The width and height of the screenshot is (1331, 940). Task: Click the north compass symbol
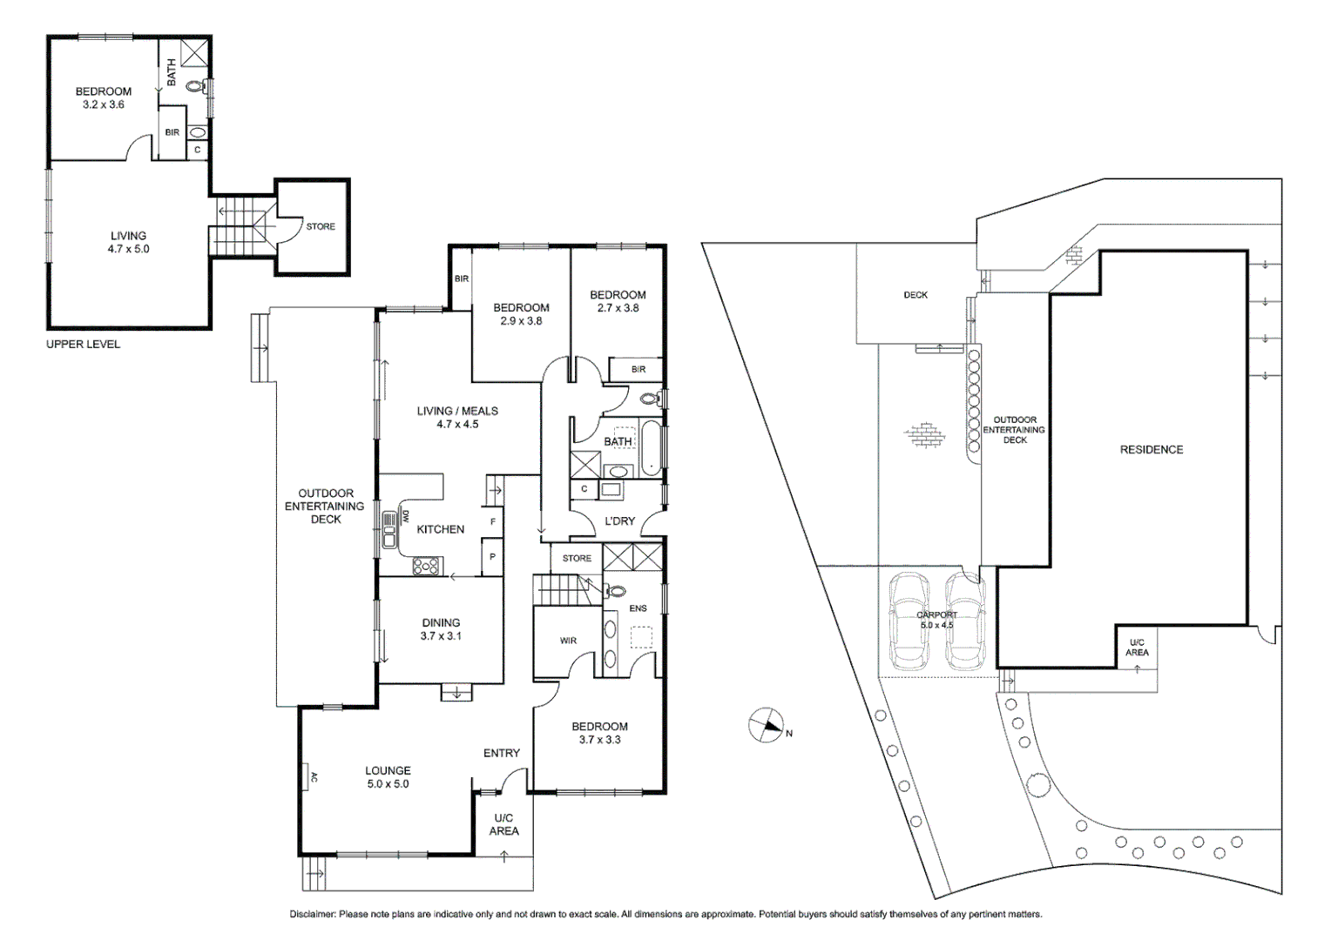(767, 726)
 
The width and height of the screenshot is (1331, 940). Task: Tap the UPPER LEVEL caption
(83, 345)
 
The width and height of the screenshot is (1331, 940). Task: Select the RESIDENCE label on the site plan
(1151, 450)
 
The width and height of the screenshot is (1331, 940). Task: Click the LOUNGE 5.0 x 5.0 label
(388, 777)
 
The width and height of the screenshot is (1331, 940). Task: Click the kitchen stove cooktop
(426, 566)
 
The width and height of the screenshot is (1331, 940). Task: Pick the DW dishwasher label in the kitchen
(405, 516)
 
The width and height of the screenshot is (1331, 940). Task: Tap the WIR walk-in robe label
(568, 641)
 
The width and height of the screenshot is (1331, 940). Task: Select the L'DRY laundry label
(619, 521)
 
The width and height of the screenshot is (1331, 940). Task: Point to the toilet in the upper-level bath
(206, 86)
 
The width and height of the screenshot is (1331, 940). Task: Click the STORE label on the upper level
(321, 227)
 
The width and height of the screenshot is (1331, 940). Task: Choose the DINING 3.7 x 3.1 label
(441, 629)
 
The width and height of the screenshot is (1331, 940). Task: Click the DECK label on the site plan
(915, 295)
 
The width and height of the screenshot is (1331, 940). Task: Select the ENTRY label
(502, 753)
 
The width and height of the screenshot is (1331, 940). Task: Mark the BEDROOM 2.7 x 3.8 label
(618, 301)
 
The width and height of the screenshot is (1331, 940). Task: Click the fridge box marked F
(493, 522)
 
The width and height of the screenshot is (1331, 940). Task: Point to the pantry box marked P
(493, 557)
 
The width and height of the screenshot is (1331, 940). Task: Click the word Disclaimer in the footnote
(312, 915)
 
